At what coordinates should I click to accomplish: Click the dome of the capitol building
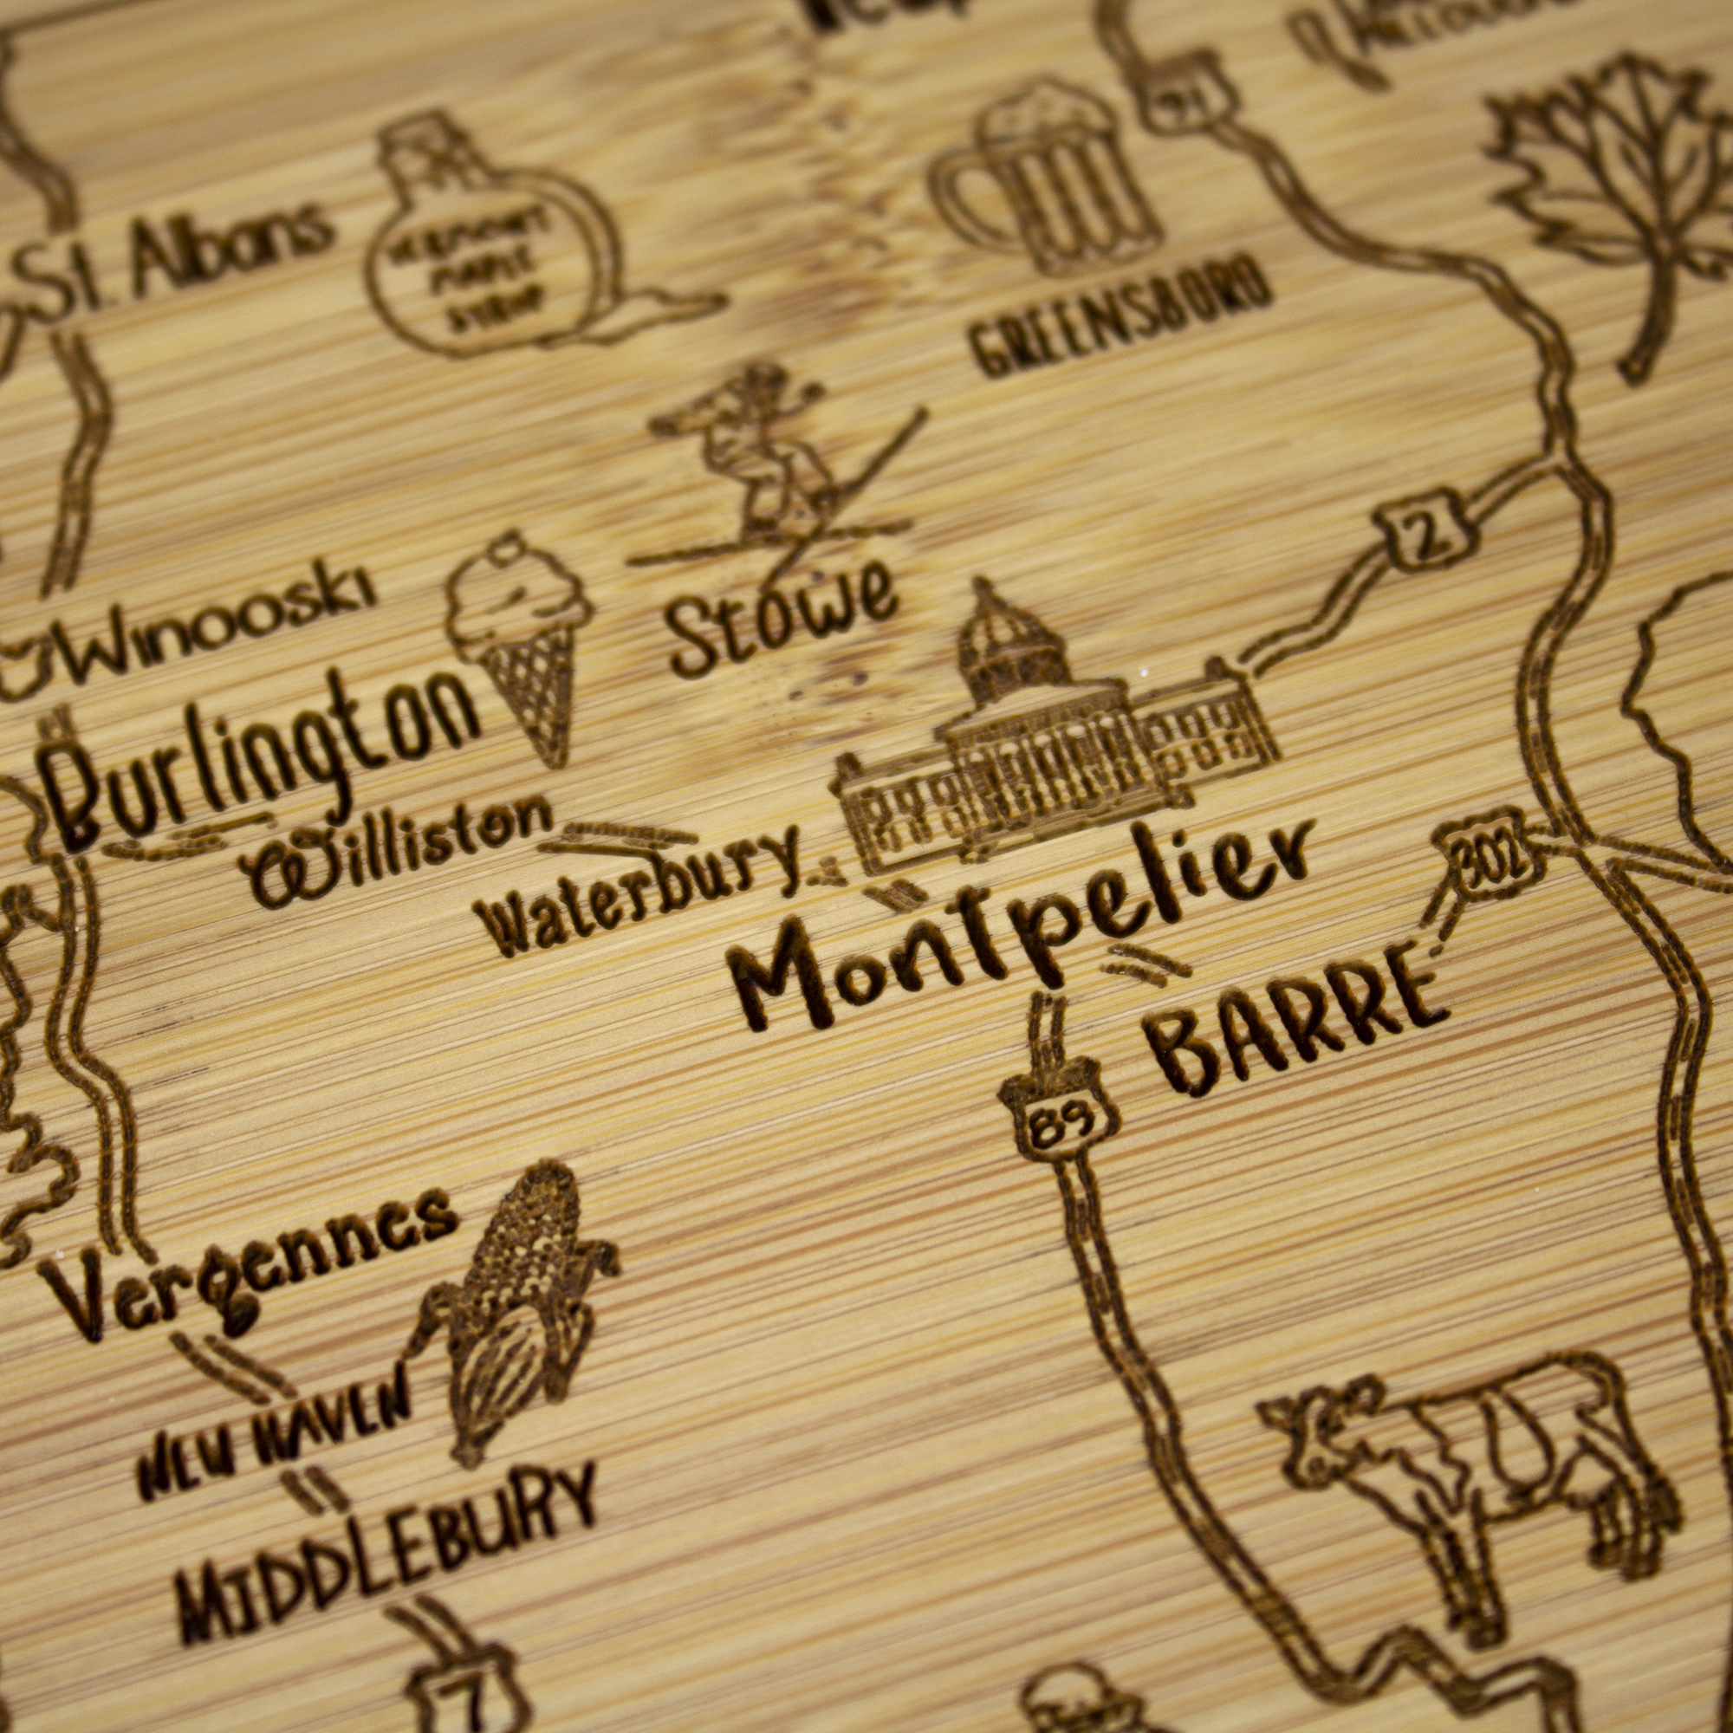[1009, 641]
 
